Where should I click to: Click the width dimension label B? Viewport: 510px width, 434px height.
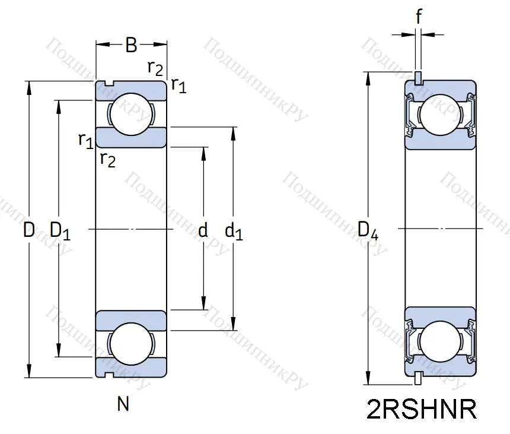click(x=132, y=45)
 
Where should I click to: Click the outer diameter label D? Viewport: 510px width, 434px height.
click(x=28, y=230)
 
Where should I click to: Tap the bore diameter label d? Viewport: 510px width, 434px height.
click(x=203, y=230)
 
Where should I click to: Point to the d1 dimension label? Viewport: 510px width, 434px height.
click(x=234, y=232)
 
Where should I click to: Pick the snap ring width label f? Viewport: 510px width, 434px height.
click(x=419, y=18)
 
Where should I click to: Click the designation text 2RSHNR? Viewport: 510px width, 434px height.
click(x=422, y=410)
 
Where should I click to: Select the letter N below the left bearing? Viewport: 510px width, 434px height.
click(x=123, y=405)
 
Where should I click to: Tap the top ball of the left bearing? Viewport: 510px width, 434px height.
click(x=131, y=114)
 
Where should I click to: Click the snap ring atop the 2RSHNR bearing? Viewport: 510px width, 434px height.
click(x=419, y=78)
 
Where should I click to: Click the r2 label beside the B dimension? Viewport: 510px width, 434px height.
click(x=155, y=68)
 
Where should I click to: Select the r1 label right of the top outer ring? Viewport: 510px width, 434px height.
click(x=179, y=86)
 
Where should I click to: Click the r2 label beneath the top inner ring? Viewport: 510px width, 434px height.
click(x=107, y=159)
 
